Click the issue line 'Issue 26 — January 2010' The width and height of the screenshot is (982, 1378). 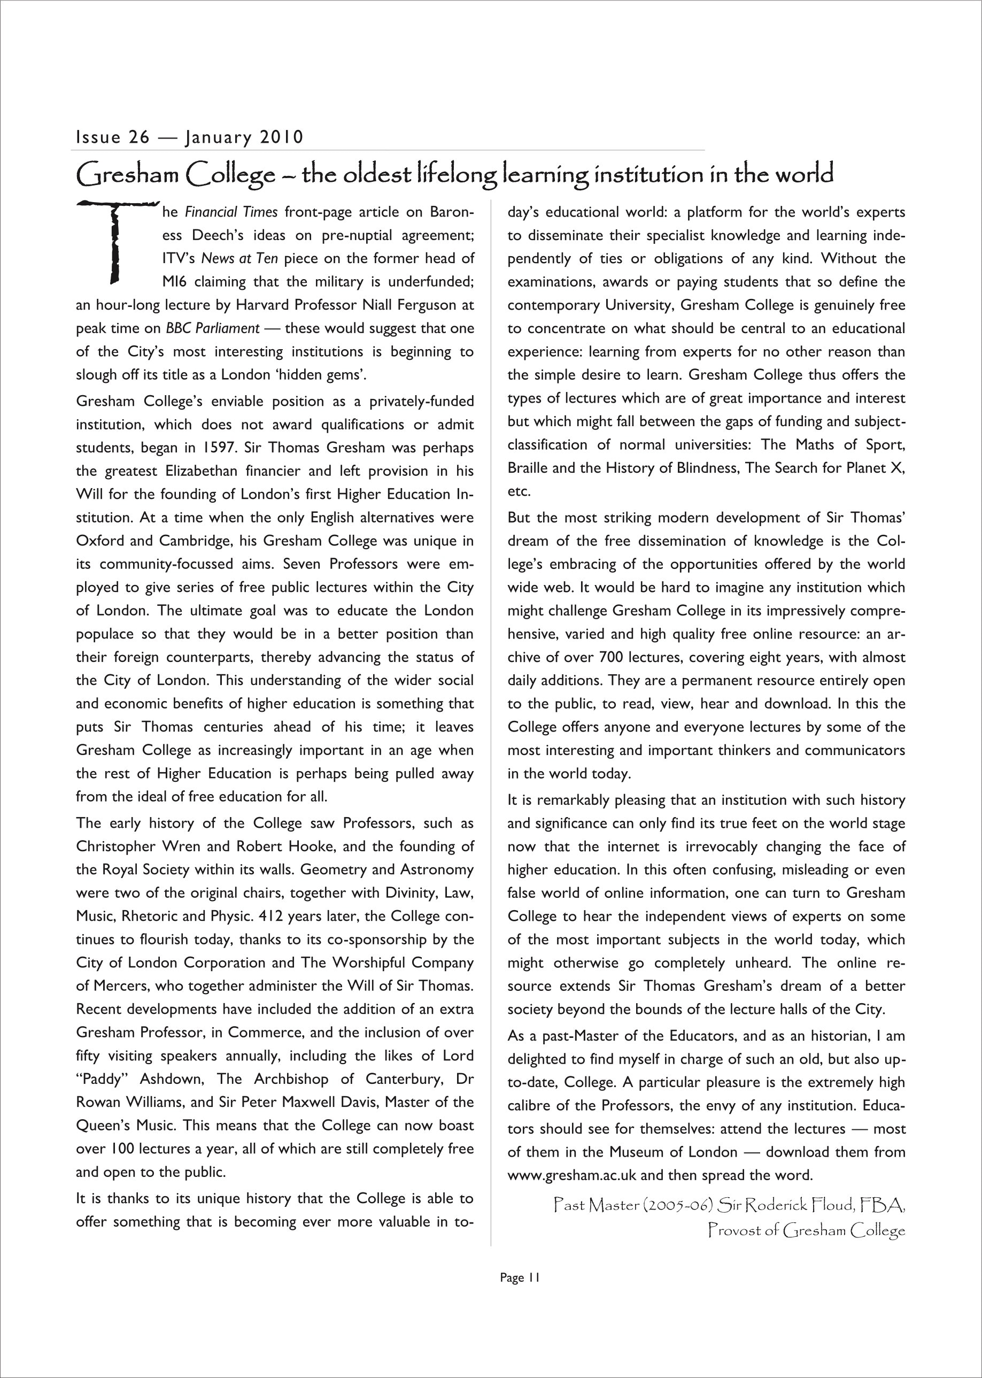point(189,138)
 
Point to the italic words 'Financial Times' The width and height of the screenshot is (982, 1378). point(231,212)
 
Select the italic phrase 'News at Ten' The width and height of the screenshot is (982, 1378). point(239,259)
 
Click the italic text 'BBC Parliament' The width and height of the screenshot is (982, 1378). point(213,328)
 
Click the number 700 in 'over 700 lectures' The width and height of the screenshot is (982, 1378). point(612,658)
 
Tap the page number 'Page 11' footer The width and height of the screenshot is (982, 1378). point(520,1277)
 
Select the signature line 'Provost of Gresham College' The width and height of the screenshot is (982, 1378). point(807,1230)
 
